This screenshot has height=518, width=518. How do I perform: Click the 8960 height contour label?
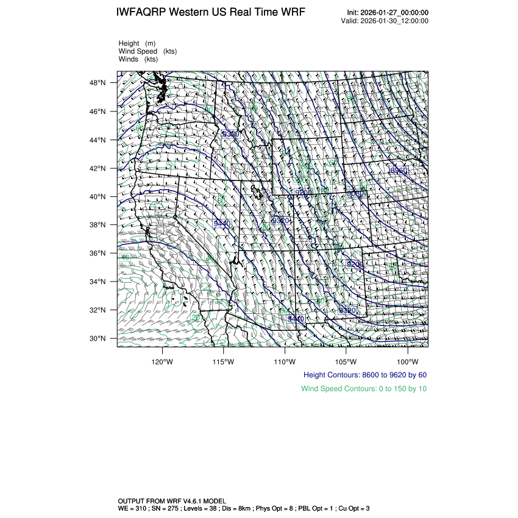pos(399,171)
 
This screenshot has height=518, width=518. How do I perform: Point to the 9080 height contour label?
pos(355,194)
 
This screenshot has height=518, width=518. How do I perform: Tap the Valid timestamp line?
pos(385,21)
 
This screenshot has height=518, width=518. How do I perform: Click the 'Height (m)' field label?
pos(137,43)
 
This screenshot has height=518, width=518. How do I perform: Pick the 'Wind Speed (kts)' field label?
pos(148,51)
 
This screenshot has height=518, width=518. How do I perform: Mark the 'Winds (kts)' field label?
pos(138,59)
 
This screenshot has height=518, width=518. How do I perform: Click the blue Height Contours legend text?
pos(365,375)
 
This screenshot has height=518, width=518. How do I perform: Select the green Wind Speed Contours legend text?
pos(364,389)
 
